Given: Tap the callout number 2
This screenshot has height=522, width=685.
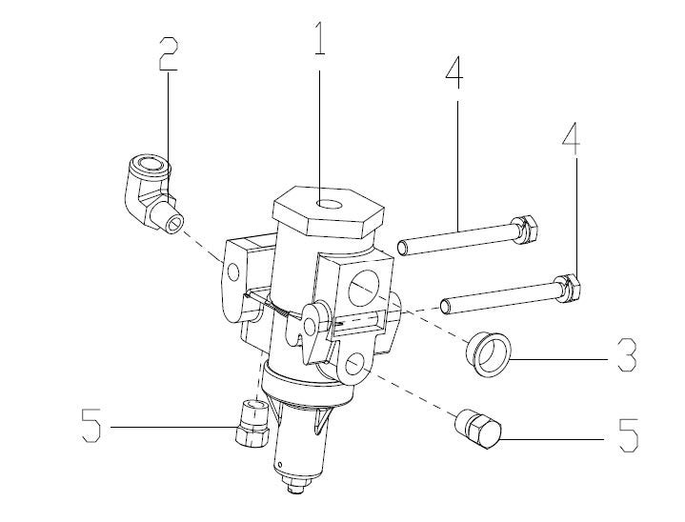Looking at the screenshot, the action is pyautogui.click(x=169, y=53).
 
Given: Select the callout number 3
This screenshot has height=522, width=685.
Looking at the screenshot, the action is pyautogui.click(x=627, y=354).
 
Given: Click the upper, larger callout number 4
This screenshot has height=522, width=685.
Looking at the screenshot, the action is pyautogui.click(x=454, y=73).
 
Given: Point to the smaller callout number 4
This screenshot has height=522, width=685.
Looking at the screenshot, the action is pyautogui.click(x=571, y=139).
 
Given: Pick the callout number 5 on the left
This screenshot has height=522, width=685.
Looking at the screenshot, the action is pyautogui.click(x=91, y=426).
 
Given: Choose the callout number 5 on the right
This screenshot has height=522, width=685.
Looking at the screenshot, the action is pyautogui.click(x=629, y=434).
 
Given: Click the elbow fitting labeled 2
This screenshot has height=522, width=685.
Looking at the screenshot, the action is pyautogui.click(x=151, y=192).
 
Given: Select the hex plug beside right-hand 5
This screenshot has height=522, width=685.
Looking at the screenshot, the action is pyautogui.click(x=478, y=429).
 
